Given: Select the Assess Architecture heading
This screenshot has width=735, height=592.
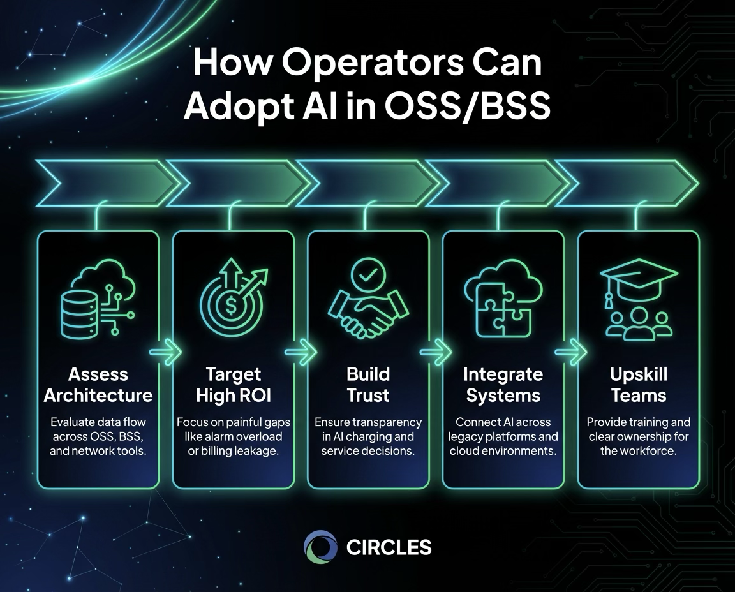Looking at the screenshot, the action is (x=98, y=385).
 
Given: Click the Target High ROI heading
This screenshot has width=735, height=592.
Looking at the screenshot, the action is (x=234, y=385).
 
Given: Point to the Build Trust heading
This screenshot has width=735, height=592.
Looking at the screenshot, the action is (x=368, y=385).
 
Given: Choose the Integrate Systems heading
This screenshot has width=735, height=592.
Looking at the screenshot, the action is (x=503, y=385).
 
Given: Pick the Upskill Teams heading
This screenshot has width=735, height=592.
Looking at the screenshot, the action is (x=639, y=385).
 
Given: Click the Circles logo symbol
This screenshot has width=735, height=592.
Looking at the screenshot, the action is (x=320, y=547).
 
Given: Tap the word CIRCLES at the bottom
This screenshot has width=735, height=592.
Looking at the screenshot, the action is (x=389, y=547).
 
